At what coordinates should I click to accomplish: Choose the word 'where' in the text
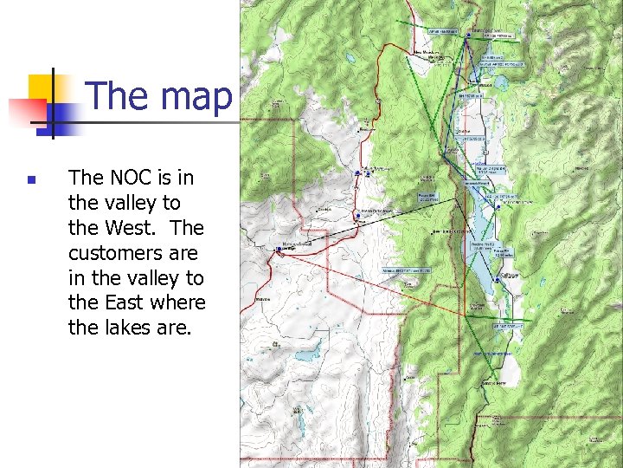pos(177,303)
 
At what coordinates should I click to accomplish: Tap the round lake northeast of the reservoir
pos(499,84)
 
